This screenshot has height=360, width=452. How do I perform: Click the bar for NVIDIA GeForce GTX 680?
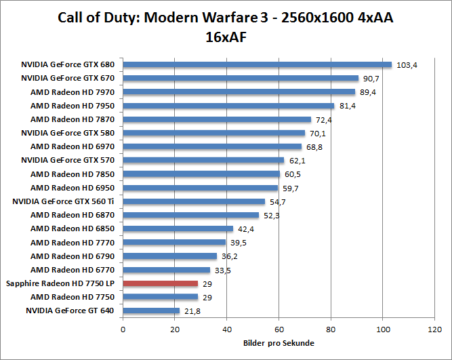(258, 65)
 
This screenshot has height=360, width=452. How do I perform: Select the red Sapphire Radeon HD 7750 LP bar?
(161, 283)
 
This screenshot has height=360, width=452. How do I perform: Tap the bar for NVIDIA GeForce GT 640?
(151, 311)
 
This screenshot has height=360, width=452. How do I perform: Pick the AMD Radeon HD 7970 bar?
(239, 92)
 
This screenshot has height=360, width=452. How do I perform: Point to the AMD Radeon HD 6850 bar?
(178, 228)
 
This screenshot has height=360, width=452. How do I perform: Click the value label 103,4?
(407, 65)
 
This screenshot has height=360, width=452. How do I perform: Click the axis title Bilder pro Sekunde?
(278, 343)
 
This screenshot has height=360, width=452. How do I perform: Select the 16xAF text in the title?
(226, 37)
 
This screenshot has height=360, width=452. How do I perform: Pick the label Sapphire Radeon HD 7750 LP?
(60, 283)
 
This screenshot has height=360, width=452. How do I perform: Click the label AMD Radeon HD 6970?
(73, 146)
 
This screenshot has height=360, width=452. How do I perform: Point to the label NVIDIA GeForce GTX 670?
(68, 79)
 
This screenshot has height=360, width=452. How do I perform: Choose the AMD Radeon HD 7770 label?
(73, 242)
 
